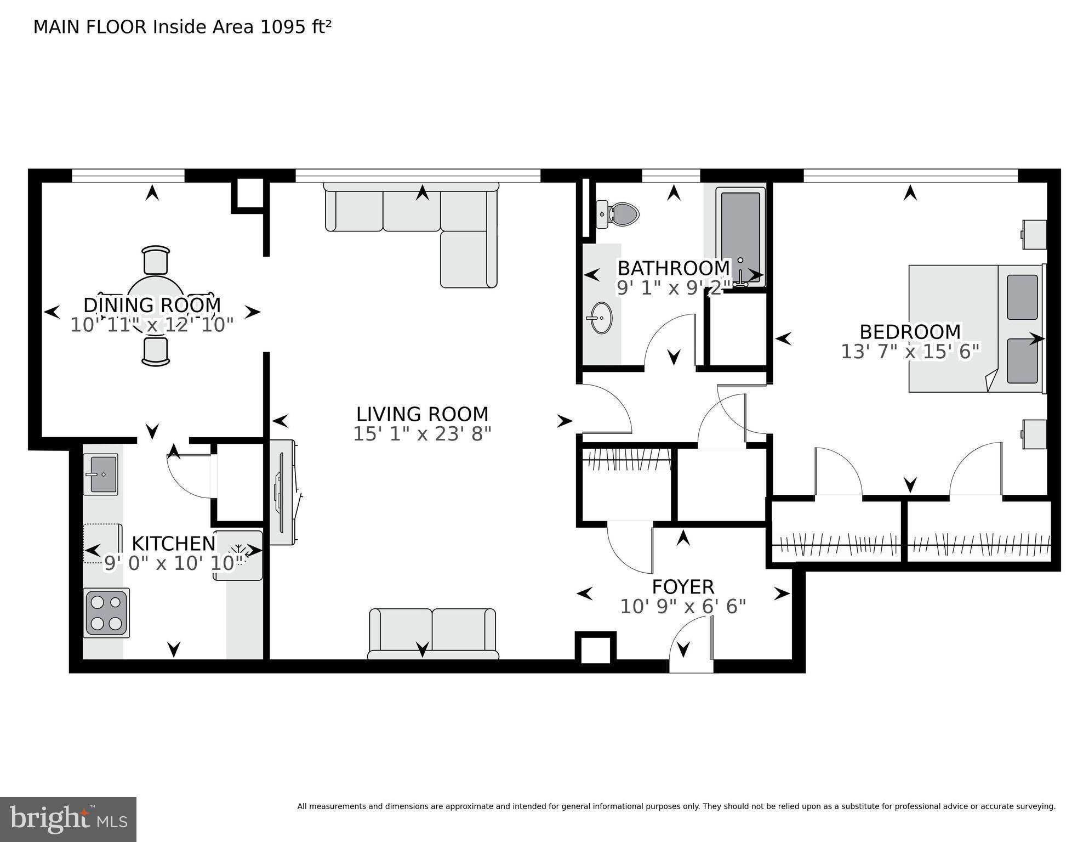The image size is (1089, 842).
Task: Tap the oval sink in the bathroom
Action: coord(601,318)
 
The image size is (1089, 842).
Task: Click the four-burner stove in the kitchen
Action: coord(106,613)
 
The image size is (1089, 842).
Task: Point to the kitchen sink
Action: coord(101,474)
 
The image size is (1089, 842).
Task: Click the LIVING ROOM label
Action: coord(422,414)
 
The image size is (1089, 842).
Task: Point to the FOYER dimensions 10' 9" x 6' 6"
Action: coord(683,607)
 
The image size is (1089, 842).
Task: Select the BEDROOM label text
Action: coord(910,332)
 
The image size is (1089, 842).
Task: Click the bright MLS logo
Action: coord(68,819)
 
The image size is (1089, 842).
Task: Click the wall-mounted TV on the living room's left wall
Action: coord(283,492)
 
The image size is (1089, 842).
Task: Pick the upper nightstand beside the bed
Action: coord(1035,234)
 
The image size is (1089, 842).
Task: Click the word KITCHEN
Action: coord(174,544)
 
